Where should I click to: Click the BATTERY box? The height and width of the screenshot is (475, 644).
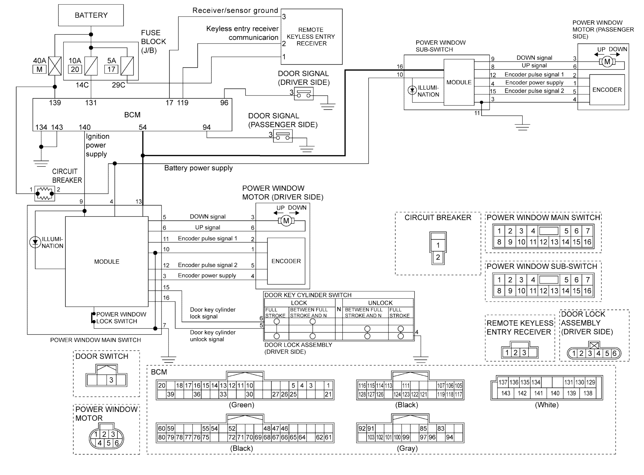[91, 15]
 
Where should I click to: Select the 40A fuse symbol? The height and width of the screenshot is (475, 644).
[55, 66]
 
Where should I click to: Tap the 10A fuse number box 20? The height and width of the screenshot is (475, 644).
[75, 69]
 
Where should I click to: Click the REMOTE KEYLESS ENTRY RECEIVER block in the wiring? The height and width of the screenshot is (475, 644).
[311, 37]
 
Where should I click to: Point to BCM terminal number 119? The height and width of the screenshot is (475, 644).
[183, 103]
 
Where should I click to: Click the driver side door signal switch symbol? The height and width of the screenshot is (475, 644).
[304, 93]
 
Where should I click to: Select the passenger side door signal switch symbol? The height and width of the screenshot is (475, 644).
[283, 136]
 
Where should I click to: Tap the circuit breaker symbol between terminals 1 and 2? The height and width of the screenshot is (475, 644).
[44, 193]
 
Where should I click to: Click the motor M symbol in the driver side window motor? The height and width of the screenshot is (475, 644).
[286, 221]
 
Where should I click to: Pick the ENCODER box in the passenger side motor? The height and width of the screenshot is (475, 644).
[607, 90]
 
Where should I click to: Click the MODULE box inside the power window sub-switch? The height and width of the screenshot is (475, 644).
[459, 82]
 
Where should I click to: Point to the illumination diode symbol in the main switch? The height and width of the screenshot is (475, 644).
[35, 242]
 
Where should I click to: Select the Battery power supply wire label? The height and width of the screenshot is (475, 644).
[198, 168]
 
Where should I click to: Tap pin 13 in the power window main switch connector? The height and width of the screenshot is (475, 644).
[554, 242]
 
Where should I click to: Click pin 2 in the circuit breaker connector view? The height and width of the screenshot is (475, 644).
[438, 257]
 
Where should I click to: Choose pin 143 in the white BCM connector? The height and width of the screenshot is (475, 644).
[506, 393]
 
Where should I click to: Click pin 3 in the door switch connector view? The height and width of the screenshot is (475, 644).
[111, 380]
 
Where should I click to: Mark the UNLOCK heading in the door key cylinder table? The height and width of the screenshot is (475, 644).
[380, 303]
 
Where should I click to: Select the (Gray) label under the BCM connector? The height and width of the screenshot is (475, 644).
[407, 448]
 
